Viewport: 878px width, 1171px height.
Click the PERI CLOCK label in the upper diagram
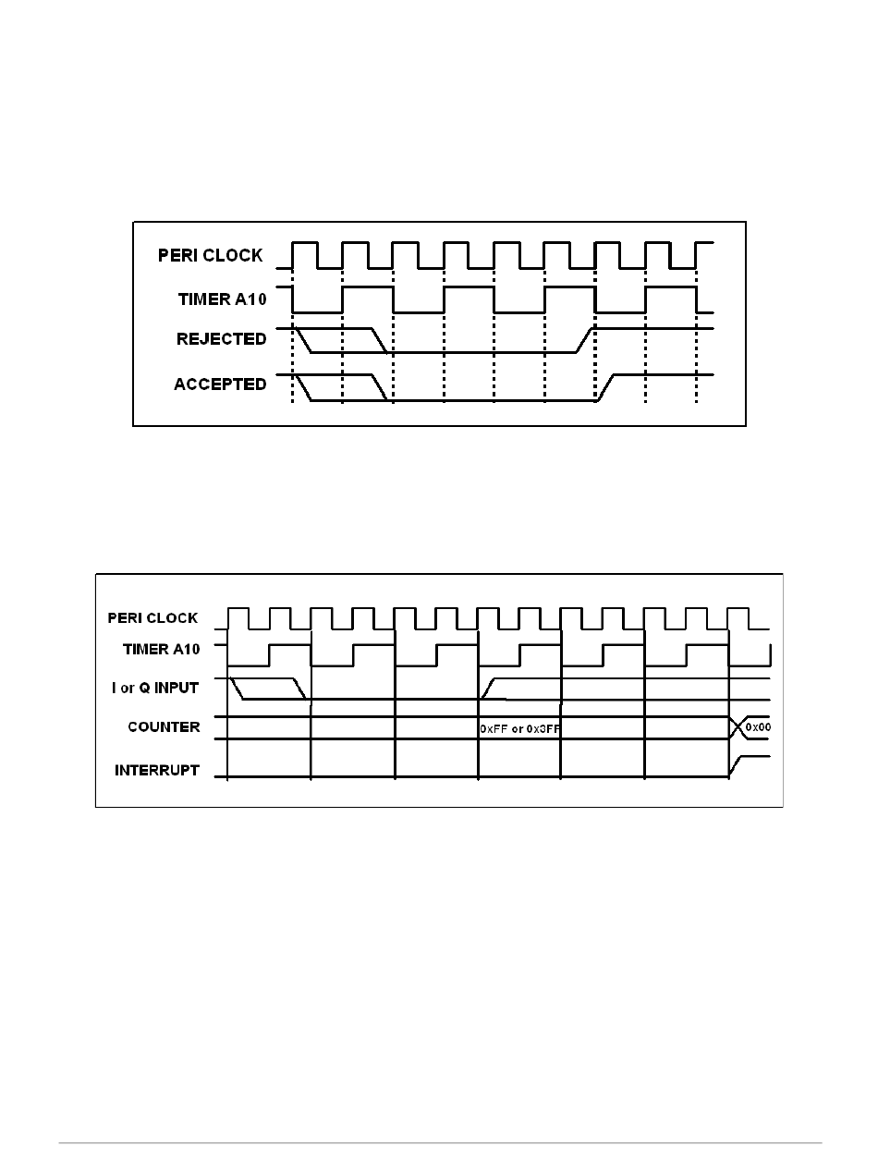pyautogui.click(x=210, y=256)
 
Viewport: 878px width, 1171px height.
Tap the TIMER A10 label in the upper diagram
pyautogui.click(x=222, y=299)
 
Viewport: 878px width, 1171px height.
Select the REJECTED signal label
pyautogui.click(x=221, y=339)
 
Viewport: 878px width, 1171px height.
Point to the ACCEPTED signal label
pyautogui.click(x=220, y=384)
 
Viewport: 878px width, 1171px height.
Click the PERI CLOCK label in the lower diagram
pyautogui.click(x=152, y=618)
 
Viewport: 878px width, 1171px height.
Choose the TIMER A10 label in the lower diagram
pyautogui.click(x=161, y=649)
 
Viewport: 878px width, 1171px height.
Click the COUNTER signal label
pyautogui.click(x=164, y=727)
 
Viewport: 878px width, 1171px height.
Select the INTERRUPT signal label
pyautogui.click(x=156, y=770)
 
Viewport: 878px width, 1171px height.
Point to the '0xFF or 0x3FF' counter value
pyautogui.click(x=520, y=729)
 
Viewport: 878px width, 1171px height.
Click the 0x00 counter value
pyautogui.click(x=758, y=727)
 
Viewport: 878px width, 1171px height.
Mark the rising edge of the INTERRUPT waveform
pyautogui.click(x=736, y=766)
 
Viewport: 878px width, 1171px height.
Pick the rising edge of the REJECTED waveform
pyautogui.click(x=585, y=339)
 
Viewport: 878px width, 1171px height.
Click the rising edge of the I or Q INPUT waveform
pyautogui.click(x=488, y=689)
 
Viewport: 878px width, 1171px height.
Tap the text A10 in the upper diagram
pyautogui.click(x=248, y=299)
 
